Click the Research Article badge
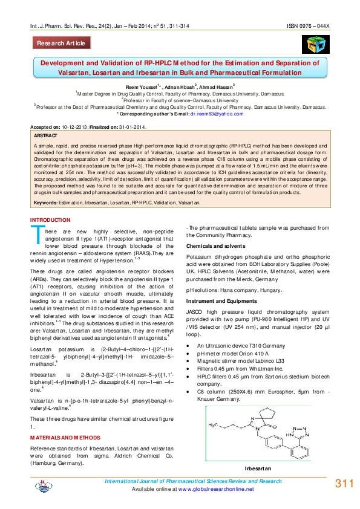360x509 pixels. pos(62,43)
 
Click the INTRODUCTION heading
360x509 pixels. pos(50,220)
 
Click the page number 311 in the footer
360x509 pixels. pos(344,484)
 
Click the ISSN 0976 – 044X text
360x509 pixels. pos(307,28)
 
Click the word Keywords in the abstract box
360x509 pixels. pos(46,203)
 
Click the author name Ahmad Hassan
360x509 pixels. pos(217,87)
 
